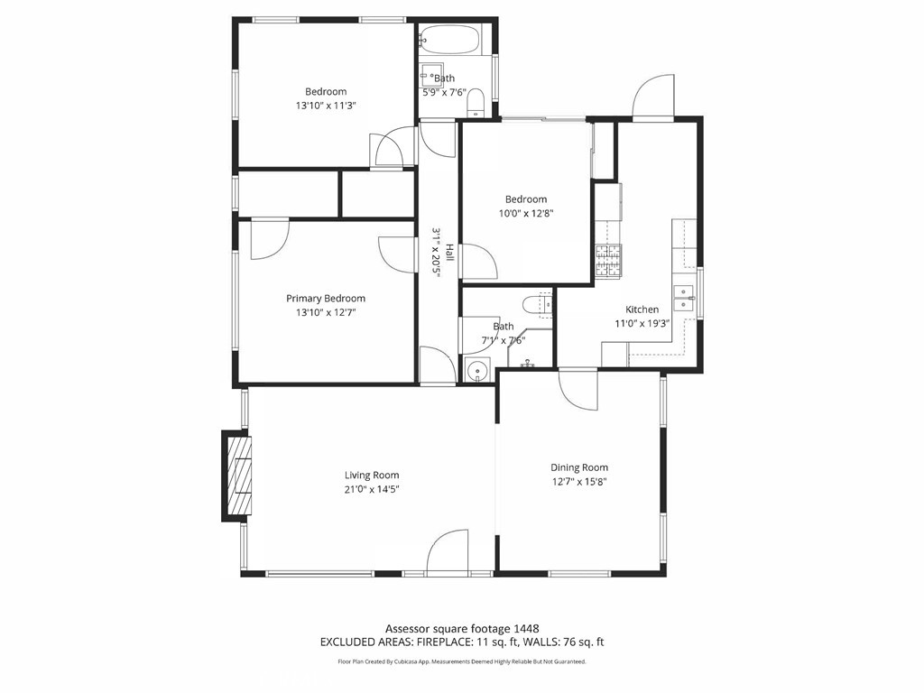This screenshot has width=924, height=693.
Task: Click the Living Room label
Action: [372, 475]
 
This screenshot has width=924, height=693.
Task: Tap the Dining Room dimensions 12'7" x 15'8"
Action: [579, 482]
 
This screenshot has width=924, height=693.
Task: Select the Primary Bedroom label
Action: [326, 298]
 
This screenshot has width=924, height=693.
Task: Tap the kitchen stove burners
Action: [608, 261]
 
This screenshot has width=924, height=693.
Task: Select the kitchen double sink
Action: [684, 298]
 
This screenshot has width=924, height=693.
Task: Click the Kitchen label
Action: [642, 310]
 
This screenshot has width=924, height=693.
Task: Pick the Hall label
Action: [450, 253]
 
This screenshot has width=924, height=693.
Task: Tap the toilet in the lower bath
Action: [537, 304]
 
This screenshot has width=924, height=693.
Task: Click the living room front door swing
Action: [448, 551]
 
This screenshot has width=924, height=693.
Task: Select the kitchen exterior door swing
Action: [653, 97]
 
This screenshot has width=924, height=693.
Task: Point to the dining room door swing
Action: [578, 389]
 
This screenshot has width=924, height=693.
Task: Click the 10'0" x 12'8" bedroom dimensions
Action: [526, 213]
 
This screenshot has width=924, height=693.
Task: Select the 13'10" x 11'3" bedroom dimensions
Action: [326, 106]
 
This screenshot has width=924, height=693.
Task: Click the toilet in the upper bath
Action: [475, 103]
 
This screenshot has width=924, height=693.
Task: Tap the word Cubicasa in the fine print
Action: [414, 661]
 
